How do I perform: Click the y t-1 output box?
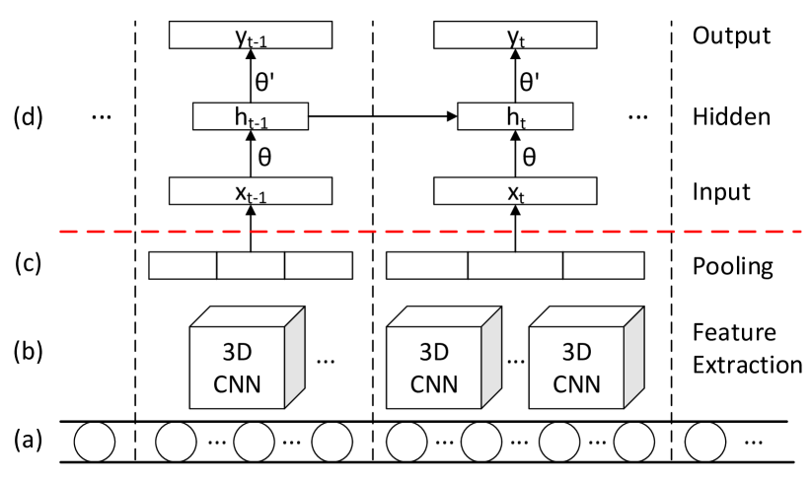coord(250,35)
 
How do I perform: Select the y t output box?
coord(515,35)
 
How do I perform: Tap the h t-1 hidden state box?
coord(250,116)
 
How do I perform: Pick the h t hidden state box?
coord(515,116)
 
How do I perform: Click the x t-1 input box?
coord(250,191)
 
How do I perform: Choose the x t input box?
coord(515,191)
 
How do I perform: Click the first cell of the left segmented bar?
coord(183,266)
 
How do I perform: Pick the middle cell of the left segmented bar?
coord(251,266)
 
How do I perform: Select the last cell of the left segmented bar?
coord(318,266)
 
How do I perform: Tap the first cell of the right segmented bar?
coord(426,266)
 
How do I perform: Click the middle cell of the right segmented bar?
coord(515,266)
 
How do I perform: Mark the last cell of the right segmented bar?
coord(603,266)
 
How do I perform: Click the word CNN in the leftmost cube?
coord(237,384)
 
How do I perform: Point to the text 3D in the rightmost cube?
coord(576,352)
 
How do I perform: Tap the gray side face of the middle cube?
coord(491,357)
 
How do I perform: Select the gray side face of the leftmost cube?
coord(294,357)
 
